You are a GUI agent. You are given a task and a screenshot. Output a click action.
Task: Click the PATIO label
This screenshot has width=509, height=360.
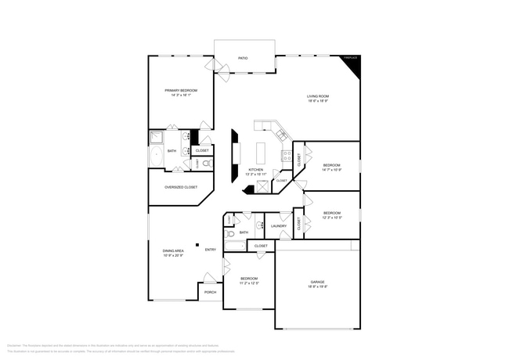pyautogui.click(x=244, y=59)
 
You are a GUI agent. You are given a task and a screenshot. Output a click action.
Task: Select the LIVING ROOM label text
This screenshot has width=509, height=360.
pyautogui.click(x=317, y=96)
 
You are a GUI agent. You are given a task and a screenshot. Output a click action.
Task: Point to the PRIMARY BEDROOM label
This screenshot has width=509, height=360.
pyautogui.click(x=180, y=91)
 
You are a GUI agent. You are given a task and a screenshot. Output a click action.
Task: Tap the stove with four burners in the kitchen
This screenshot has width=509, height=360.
pyautogui.click(x=287, y=155)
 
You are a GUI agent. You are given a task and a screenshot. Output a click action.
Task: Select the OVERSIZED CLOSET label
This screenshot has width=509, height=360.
pyautogui.click(x=180, y=188)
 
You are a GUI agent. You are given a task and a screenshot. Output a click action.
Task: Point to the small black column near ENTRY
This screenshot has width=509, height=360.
pyautogui.click(x=197, y=243)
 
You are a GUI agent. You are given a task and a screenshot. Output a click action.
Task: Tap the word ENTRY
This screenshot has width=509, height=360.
pyautogui.click(x=211, y=250)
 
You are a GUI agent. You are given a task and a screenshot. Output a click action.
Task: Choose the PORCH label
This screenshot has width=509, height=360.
pyautogui.click(x=210, y=293)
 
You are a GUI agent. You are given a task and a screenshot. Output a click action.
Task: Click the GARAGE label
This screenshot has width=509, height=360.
pyautogui.click(x=316, y=282)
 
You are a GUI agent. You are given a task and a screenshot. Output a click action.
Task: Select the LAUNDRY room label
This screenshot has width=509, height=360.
pyautogui.click(x=279, y=226)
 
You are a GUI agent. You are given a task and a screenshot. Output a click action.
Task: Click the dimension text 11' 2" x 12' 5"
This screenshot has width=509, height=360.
pyautogui.click(x=249, y=283)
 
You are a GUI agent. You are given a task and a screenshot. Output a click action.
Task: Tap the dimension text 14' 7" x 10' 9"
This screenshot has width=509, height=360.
pyautogui.click(x=332, y=170)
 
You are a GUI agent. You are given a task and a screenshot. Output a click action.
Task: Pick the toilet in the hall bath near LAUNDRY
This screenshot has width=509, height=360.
pyautogui.click(x=231, y=233)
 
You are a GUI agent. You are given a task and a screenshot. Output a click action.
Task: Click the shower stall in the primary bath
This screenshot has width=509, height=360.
pyautogui.click(x=156, y=137)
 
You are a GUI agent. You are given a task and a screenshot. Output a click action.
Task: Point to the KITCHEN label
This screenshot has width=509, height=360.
pyautogui.click(x=256, y=170)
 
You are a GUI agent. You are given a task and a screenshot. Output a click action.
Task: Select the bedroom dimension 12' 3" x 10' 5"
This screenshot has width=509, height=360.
pyautogui.click(x=332, y=218)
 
